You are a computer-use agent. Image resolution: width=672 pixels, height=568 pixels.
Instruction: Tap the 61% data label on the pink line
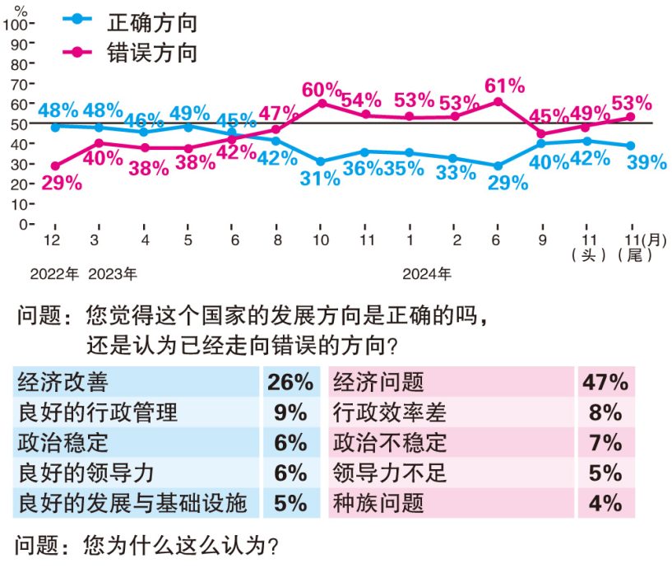[x=505, y=86]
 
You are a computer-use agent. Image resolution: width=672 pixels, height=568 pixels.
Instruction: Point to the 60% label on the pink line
[x=322, y=89]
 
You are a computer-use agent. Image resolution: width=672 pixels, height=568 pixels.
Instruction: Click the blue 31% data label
[x=321, y=178]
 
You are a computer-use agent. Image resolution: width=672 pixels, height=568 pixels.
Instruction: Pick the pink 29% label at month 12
[x=62, y=183]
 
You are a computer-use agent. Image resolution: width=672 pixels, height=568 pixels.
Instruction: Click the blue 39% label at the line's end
[x=646, y=162]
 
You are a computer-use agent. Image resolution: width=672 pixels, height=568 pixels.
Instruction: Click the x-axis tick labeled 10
[x=322, y=240]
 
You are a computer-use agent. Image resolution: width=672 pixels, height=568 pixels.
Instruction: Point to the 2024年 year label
[x=427, y=272]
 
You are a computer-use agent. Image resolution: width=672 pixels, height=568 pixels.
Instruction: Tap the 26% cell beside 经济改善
[x=290, y=382]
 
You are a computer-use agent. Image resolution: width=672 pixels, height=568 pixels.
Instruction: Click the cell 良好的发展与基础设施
[x=132, y=503]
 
